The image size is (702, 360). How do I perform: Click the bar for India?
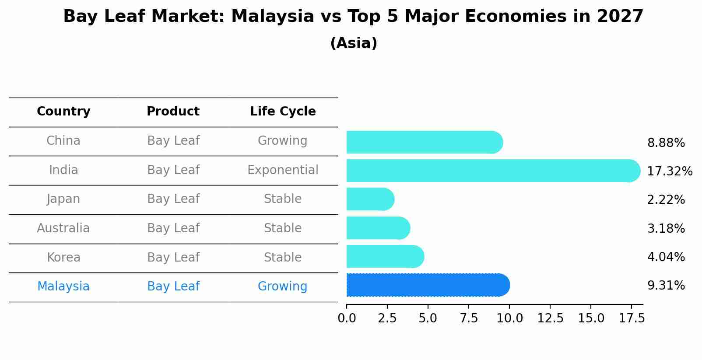coord(493,171)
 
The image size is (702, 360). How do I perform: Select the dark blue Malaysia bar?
coord(428,285)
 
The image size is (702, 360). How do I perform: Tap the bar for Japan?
coord(370,199)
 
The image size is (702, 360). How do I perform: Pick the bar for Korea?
coord(385,256)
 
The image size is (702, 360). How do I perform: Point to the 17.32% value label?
coord(670,171)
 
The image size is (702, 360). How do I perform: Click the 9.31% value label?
coord(666,286)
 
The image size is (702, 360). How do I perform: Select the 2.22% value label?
coord(666,200)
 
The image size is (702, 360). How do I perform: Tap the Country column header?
coord(63,112)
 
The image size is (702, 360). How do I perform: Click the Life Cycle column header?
coord(283,112)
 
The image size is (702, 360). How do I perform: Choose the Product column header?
coord(173,112)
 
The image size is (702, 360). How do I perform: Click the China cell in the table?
coord(63,141)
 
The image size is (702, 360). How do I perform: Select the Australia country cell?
coord(63,228)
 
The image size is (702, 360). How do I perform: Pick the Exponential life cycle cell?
coord(283,170)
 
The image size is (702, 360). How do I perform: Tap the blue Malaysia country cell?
coord(63,287)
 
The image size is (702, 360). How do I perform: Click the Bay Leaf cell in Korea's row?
coord(173,258)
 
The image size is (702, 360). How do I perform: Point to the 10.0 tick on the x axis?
coord(509,318)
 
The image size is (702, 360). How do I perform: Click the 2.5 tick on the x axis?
coord(387,318)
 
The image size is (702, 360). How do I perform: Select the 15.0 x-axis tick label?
coord(591,318)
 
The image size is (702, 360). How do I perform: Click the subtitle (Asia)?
coord(354,43)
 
